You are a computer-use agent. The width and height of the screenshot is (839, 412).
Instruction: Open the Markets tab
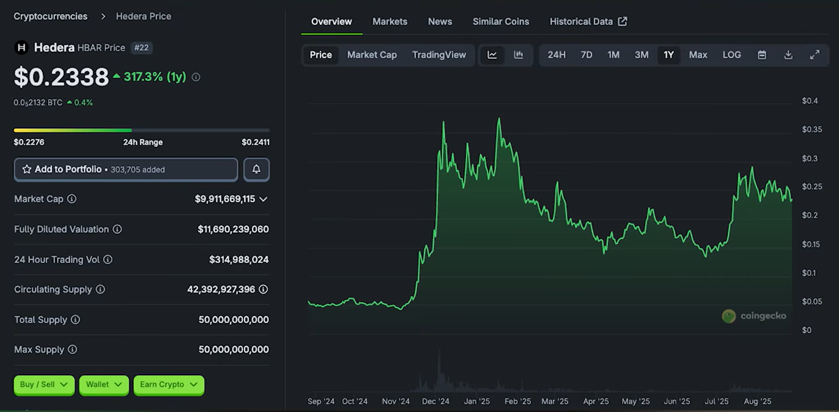390,22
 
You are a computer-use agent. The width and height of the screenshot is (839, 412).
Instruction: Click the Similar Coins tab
501,22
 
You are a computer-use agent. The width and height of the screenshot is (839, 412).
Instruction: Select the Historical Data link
588,22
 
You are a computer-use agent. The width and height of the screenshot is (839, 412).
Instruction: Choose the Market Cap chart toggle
372,55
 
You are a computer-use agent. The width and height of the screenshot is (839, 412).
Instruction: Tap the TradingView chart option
439,55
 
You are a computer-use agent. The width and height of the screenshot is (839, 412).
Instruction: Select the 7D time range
586,55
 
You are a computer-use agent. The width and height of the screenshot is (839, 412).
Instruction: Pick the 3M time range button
641,55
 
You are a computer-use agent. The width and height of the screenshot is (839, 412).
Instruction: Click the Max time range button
698,55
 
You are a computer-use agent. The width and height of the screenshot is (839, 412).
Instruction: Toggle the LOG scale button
731,55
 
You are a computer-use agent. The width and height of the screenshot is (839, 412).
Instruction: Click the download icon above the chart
788,55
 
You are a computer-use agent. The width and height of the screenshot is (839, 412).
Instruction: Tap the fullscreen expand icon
815,55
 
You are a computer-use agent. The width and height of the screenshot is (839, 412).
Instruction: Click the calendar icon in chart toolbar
762,55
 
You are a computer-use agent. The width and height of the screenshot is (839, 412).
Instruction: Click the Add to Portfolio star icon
26,169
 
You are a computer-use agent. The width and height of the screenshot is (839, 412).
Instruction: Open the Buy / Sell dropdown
44,384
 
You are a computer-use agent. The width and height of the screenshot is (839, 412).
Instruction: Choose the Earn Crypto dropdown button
169,384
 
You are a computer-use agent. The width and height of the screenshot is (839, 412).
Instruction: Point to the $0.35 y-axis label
811,130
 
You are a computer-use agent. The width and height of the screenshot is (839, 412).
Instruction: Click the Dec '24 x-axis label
435,401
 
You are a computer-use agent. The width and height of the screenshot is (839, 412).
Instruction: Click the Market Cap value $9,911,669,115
225,199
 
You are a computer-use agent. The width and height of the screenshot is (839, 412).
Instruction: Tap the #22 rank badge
142,48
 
